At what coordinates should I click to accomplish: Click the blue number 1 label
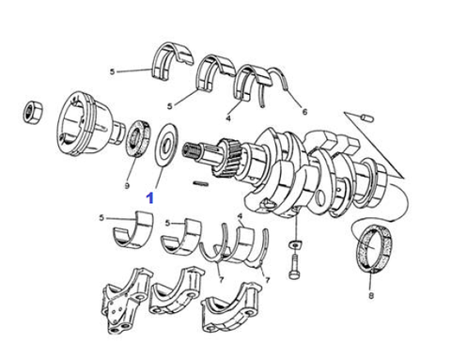point(150,198)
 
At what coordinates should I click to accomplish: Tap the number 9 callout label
point(127,186)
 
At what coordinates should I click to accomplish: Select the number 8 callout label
point(371,295)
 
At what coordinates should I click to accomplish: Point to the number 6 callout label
point(304,111)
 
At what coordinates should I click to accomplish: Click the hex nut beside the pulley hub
point(33,112)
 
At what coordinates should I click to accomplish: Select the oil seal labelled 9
point(138,138)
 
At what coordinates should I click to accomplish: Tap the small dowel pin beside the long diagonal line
point(366,117)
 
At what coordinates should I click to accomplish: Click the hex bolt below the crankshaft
point(294,266)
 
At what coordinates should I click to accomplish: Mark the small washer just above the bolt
point(295,243)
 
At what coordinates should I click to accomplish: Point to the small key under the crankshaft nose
point(200,183)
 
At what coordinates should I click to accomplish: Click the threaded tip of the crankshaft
point(192,149)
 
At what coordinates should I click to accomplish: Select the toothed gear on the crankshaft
point(226,158)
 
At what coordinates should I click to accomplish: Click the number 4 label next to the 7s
point(241,216)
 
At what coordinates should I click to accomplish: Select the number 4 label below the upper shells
point(228,118)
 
